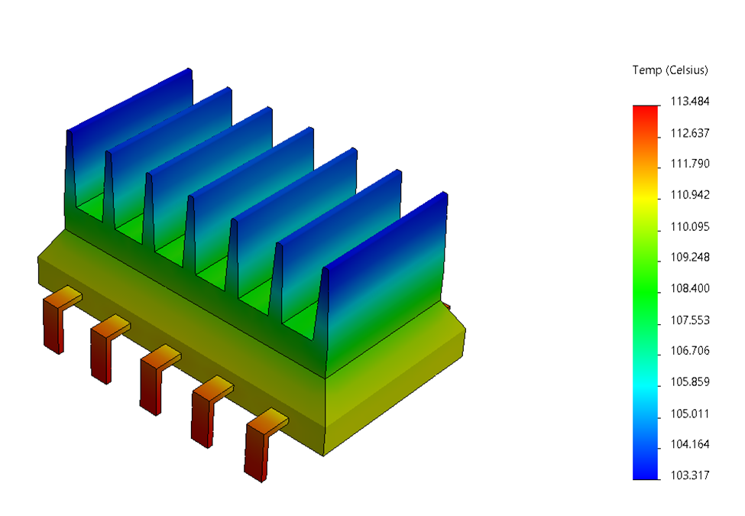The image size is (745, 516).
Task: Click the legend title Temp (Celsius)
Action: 670,70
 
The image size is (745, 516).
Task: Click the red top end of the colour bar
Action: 645,111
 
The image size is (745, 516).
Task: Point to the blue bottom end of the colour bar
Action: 645,472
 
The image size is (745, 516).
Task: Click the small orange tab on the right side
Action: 449,307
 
